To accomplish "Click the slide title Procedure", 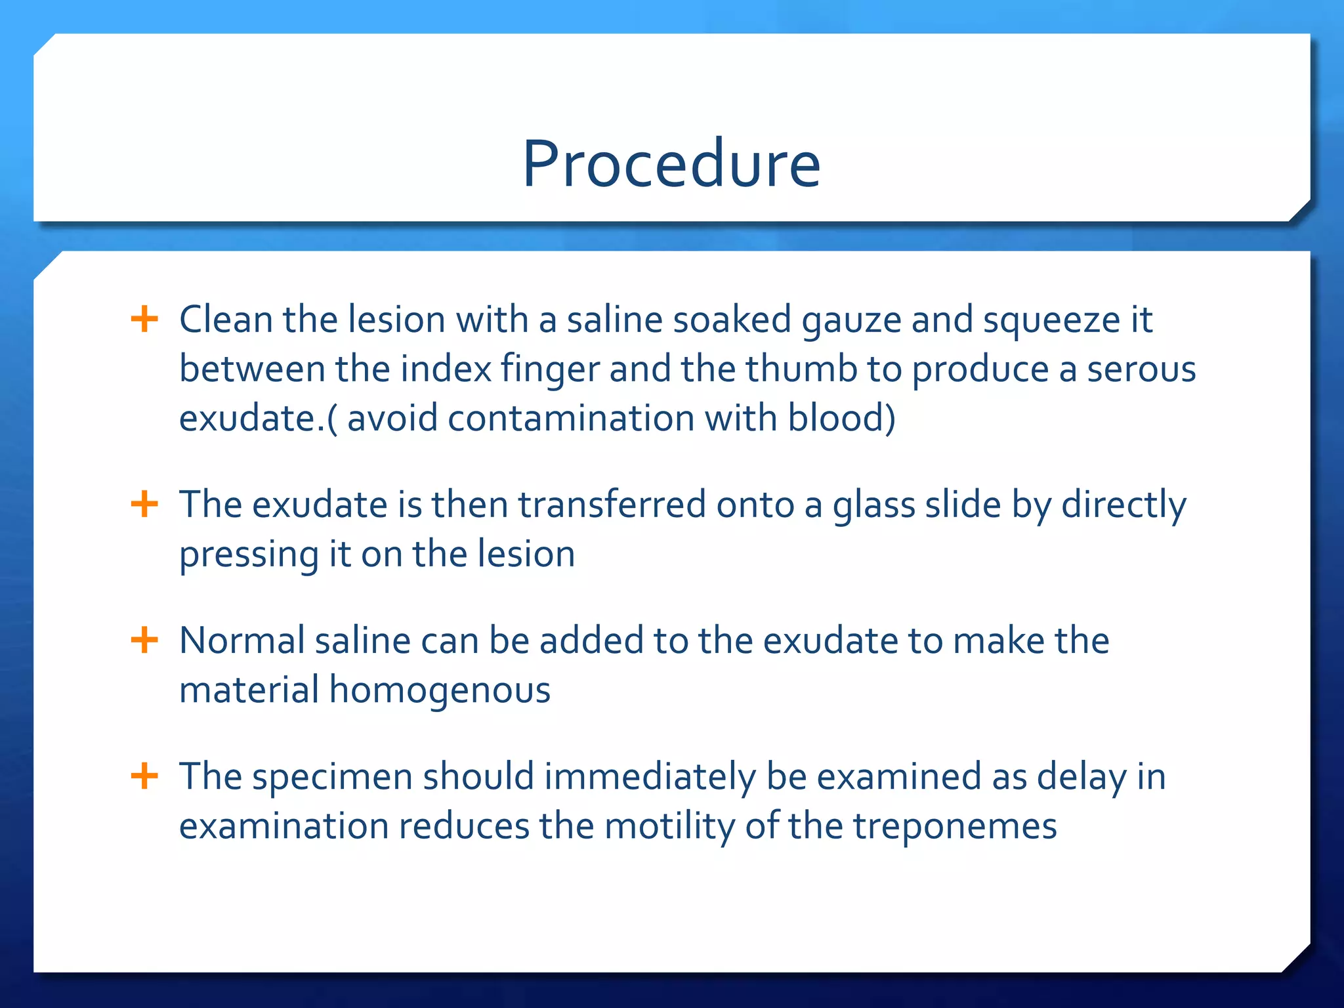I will (671, 163).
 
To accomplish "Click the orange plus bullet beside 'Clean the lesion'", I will (144, 320).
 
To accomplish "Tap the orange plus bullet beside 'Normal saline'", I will (144, 640).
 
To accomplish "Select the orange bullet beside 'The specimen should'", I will (144, 776).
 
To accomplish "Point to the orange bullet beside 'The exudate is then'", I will (144, 505).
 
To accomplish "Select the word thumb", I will (801, 369).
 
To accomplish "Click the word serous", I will (1141, 369).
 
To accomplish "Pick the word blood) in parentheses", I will (841, 418).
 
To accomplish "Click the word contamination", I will (570, 418).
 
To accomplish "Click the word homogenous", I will (440, 691).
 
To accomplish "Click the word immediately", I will (650, 778).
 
